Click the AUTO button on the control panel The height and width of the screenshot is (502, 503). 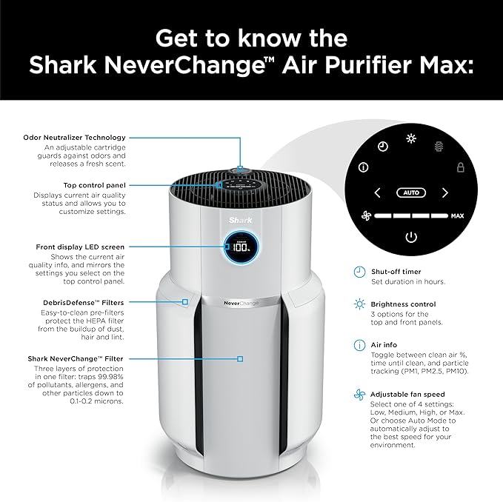pyautogui.click(x=411, y=193)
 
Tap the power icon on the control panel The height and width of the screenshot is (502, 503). pyautogui.click(x=411, y=237)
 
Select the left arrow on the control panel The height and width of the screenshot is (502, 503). pyautogui.click(x=377, y=193)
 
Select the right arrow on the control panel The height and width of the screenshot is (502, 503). pyautogui.click(x=445, y=193)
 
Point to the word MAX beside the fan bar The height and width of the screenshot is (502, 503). pyautogui.click(x=458, y=217)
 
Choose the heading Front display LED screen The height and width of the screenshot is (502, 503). pyautogui.click(x=81, y=247)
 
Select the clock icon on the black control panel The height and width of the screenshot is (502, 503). pyautogui.click(x=382, y=147)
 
